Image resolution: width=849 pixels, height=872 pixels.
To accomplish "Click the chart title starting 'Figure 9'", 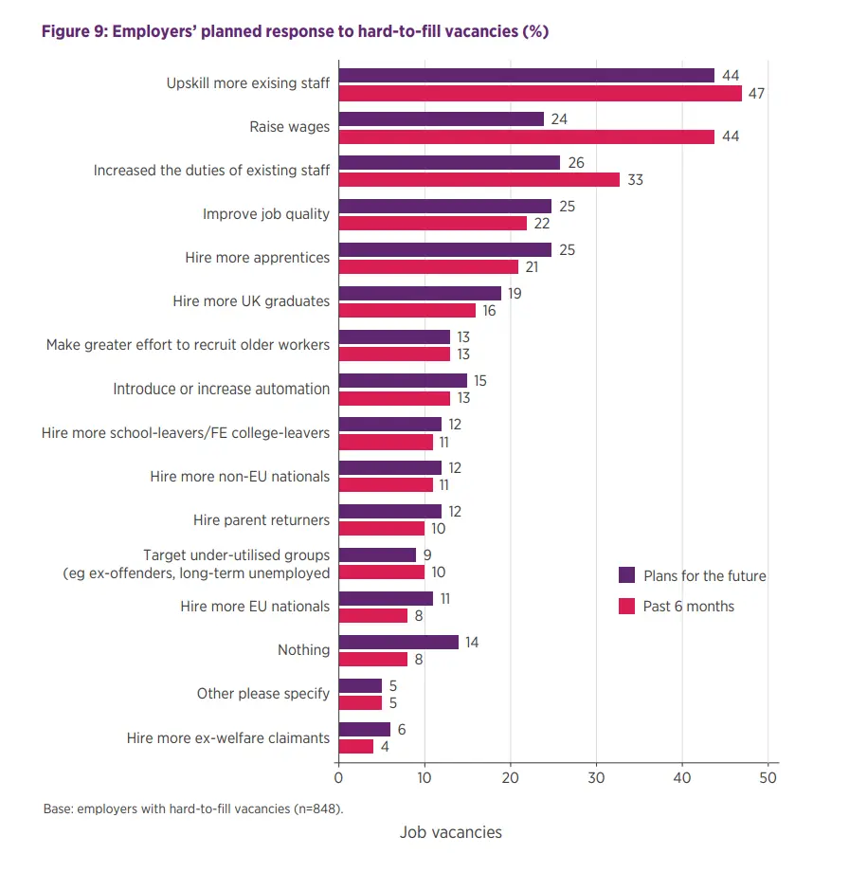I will click(x=295, y=31).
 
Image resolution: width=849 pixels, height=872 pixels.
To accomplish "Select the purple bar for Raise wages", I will click(x=442, y=119).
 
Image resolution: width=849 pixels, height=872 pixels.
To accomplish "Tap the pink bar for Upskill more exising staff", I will click(x=540, y=93).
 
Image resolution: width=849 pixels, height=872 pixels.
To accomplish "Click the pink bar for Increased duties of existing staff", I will click(x=479, y=180).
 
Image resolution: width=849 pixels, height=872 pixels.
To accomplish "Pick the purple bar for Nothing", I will click(x=399, y=642).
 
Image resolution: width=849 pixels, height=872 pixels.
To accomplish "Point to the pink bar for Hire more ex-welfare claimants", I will click(x=356, y=746).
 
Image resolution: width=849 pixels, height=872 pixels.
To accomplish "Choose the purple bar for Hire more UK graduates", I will click(x=420, y=294).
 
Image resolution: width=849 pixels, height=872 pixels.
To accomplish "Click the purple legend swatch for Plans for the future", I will click(x=626, y=575).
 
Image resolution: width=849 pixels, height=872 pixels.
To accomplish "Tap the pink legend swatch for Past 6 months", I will click(x=626, y=606).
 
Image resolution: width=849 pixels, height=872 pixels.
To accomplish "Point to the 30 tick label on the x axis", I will click(x=597, y=778).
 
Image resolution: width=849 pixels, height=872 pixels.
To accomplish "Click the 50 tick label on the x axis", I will click(x=768, y=778).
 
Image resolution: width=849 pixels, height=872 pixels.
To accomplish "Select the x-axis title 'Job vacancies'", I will click(x=451, y=832).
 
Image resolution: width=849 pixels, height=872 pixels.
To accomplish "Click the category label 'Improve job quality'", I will click(x=266, y=214).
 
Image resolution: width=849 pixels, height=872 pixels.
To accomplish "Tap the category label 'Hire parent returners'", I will click(x=262, y=519).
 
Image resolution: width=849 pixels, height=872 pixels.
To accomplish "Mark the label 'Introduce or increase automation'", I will click(x=222, y=389).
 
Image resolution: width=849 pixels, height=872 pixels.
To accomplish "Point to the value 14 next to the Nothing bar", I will click(x=472, y=642).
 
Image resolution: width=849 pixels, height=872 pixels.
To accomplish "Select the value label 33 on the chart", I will click(x=634, y=180).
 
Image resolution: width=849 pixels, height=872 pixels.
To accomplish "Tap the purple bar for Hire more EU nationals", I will click(x=386, y=598).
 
